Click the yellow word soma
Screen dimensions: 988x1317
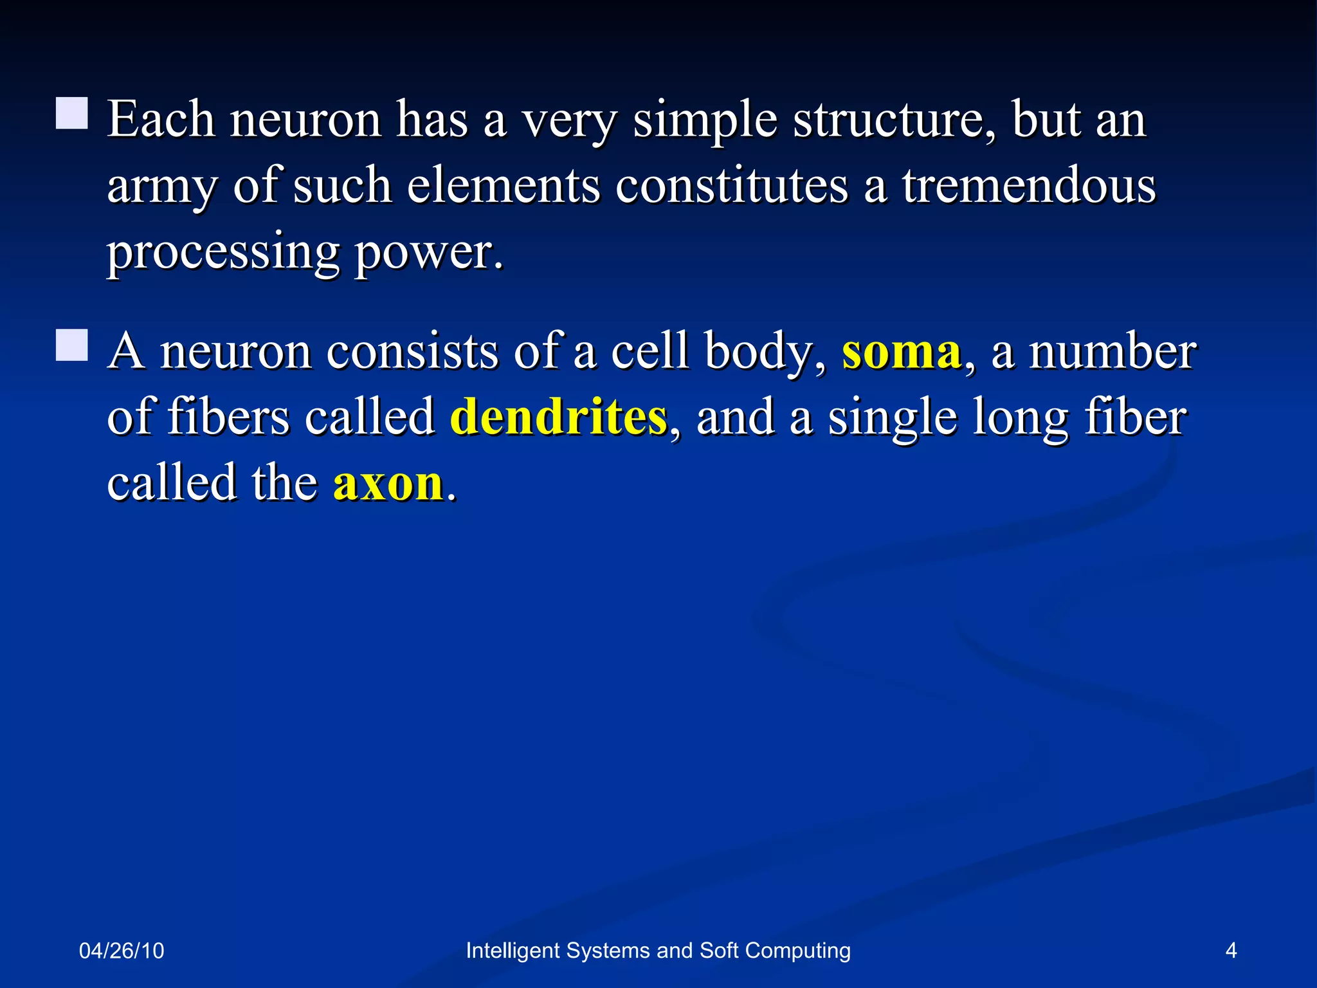coord(902,352)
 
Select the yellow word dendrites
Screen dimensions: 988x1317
coord(558,417)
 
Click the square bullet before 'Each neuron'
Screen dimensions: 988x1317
coord(71,114)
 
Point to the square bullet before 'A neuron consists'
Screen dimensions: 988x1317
coord(71,345)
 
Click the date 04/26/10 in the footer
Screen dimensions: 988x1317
coord(122,951)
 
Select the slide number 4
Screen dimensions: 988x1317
coord(1231,951)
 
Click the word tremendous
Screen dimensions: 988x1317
coord(1029,186)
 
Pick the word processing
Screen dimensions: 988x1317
coord(223,252)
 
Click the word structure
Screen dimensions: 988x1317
coord(894,120)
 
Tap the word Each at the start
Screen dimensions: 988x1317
coord(161,120)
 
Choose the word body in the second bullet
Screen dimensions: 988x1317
coord(764,353)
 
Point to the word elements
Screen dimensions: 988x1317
coord(503,186)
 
